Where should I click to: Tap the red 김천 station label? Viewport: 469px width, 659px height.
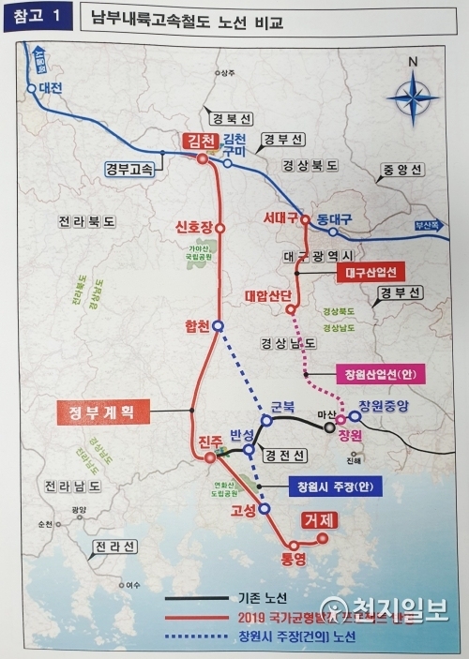pyautogui.click(x=201, y=141)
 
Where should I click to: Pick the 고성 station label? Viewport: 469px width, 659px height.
pyautogui.click(x=243, y=512)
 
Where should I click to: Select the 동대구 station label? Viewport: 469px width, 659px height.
pyautogui.click(x=333, y=218)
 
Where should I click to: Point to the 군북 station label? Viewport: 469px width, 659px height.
pyautogui.click(x=283, y=408)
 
